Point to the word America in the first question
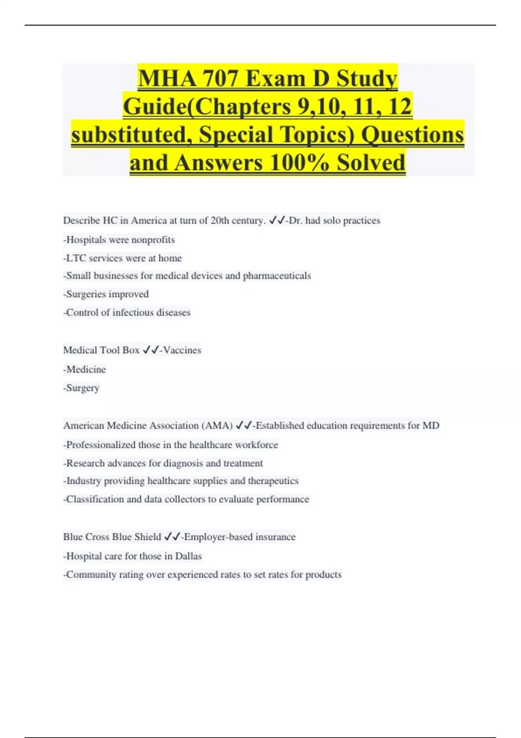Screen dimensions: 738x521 (149, 221)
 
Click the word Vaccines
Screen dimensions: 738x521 (182, 350)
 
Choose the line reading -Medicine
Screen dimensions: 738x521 (85, 369)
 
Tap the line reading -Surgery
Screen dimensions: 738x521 (81, 388)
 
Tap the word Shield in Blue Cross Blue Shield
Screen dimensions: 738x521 (148, 537)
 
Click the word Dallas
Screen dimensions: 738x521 (188, 556)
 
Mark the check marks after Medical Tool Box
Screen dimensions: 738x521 (150, 350)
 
